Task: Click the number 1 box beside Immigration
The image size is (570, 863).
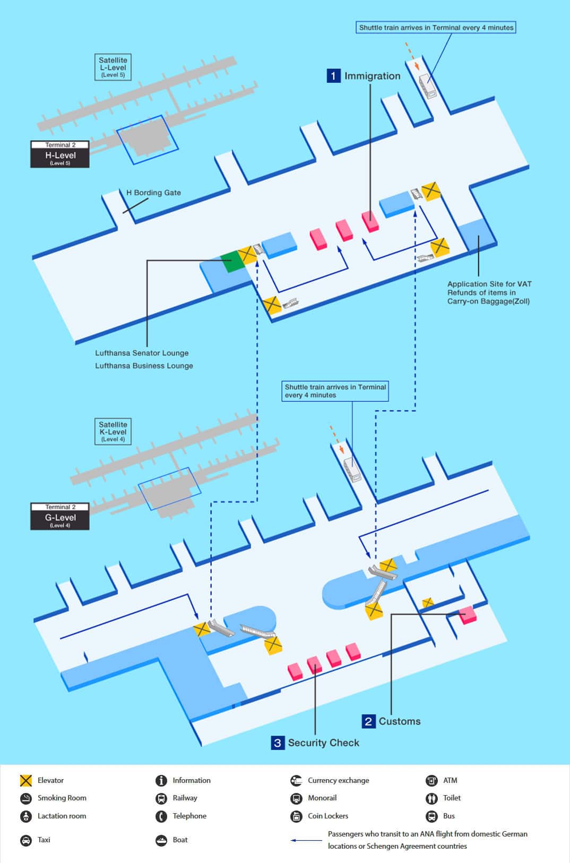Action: (333, 76)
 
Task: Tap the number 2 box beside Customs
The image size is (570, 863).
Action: (368, 721)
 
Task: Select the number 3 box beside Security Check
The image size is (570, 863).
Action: (278, 743)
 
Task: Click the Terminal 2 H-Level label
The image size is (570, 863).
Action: (60, 154)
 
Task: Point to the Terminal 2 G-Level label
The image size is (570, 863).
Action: (60, 517)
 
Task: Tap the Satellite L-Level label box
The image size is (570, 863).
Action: (113, 67)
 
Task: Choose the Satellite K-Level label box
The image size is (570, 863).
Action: (113, 431)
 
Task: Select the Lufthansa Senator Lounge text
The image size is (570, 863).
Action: (142, 353)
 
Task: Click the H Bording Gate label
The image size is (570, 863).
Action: (153, 193)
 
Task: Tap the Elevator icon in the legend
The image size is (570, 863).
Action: (26, 780)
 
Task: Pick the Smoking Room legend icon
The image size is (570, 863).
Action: (26, 798)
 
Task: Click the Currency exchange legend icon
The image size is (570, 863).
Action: (296, 780)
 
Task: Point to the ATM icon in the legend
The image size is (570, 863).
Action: (431, 780)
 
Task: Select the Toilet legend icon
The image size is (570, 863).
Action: (431, 798)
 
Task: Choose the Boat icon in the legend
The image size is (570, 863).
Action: (161, 840)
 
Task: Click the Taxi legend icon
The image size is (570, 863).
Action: (26, 840)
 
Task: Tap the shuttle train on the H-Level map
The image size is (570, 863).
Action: (428, 86)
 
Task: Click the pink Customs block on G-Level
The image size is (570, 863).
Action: (468, 615)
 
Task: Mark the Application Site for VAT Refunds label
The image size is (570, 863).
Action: (489, 293)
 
